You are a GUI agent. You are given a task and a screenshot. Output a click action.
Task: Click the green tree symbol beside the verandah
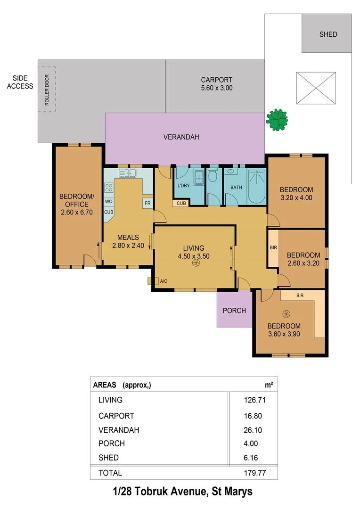coord(277,120)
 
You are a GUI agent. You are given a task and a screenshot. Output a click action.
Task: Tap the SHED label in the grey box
coord(328,34)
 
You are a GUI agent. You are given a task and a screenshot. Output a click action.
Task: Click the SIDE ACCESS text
coord(20,82)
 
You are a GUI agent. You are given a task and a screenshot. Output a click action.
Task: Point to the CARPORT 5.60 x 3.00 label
coord(216,84)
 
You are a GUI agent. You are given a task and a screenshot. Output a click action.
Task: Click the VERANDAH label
coord(181,137)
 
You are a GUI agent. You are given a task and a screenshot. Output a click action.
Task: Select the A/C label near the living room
coord(164,281)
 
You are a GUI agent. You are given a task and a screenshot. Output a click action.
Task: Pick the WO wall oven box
coord(108,201)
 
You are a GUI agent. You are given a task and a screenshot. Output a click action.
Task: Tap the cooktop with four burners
coord(108,188)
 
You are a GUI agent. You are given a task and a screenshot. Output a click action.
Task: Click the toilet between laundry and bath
coord(213,177)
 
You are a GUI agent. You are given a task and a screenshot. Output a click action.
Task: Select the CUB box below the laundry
coord(180,204)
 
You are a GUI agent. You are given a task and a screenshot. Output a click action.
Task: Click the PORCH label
coord(234,310)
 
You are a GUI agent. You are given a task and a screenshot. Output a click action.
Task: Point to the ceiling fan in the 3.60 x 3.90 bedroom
coord(284,314)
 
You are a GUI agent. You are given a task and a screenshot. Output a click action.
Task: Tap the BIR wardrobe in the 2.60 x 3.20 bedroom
coord(273,247)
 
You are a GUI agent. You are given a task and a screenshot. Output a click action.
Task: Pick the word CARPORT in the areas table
coord(116,416)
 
